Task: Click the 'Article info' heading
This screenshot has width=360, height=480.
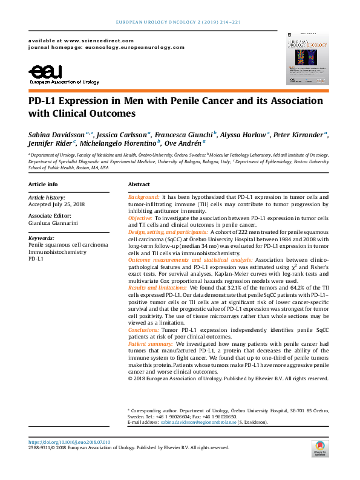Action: (x=44, y=184)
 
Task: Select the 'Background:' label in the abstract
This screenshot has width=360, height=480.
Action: (x=144, y=198)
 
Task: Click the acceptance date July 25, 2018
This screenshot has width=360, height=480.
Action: (x=57, y=204)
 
